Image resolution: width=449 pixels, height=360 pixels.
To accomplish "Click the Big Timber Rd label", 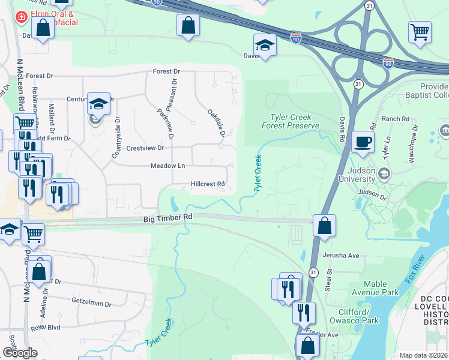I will [x=167, y=220].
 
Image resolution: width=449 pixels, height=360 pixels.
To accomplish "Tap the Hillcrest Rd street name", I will [x=208, y=184].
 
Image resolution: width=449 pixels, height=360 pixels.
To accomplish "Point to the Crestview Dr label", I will [x=145, y=148].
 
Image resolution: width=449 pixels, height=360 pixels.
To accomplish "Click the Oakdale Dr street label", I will [x=216, y=123].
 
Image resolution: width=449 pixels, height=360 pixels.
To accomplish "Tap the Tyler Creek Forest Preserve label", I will [x=290, y=121].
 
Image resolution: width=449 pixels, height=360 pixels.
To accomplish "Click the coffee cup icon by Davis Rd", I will [x=363, y=142].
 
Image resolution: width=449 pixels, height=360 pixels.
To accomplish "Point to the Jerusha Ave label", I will [x=340, y=256].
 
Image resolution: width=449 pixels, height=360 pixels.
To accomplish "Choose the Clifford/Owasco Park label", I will [x=363, y=316].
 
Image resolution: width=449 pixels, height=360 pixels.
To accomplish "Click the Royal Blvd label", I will [x=46, y=328].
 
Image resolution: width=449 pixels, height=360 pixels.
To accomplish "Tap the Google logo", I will [x=20, y=353].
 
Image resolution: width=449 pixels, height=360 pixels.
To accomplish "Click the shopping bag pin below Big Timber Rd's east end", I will [x=324, y=227].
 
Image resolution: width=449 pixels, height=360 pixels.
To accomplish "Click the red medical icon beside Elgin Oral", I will [x=22, y=17].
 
